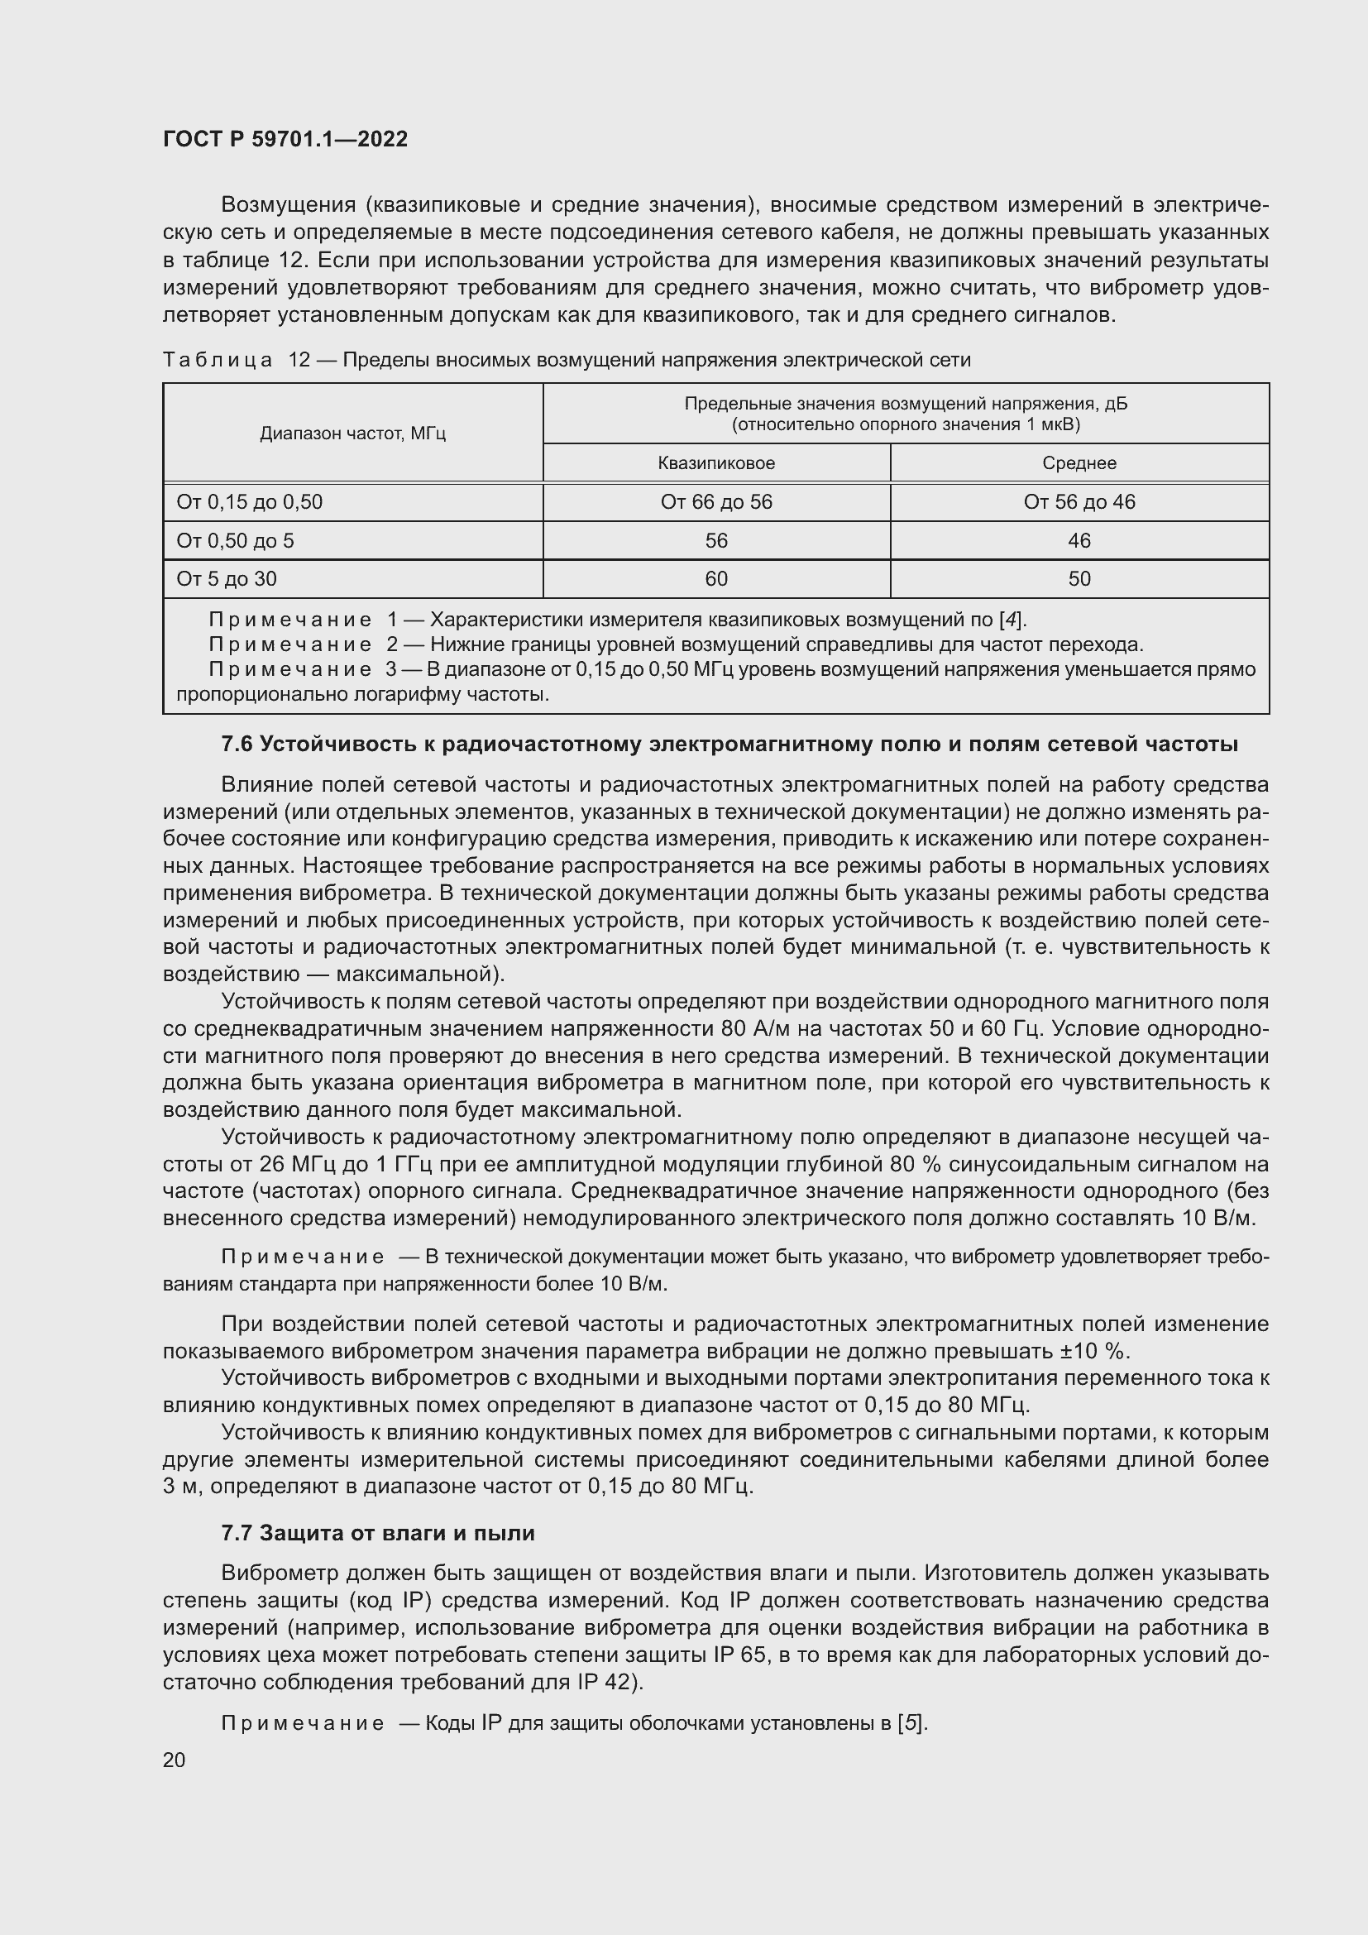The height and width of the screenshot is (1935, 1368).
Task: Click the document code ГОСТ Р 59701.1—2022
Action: (285, 139)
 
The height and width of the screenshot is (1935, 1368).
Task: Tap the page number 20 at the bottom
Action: (175, 1760)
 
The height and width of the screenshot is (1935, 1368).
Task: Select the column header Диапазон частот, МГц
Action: (352, 433)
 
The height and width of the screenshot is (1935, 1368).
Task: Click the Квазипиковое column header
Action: (716, 462)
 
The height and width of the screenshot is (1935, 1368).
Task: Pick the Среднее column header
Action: (1079, 462)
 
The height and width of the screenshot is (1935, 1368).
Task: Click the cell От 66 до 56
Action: (716, 502)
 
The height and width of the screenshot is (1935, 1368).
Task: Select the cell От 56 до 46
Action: (1079, 502)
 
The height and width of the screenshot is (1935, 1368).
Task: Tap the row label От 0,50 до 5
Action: (235, 540)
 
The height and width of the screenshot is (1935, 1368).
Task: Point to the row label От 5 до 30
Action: (227, 579)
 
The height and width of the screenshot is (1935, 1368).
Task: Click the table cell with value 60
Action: (716, 579)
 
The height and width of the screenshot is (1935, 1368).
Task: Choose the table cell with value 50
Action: (1079, 579)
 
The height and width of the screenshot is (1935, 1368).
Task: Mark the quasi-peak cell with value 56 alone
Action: (716, 540)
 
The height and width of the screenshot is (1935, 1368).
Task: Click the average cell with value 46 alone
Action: (1079, 540)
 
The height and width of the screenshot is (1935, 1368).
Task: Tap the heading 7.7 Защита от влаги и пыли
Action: (377, 1532)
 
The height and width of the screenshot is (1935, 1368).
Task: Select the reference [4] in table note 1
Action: (1012, 620)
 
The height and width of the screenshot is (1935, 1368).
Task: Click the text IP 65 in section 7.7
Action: (739, 1655)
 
